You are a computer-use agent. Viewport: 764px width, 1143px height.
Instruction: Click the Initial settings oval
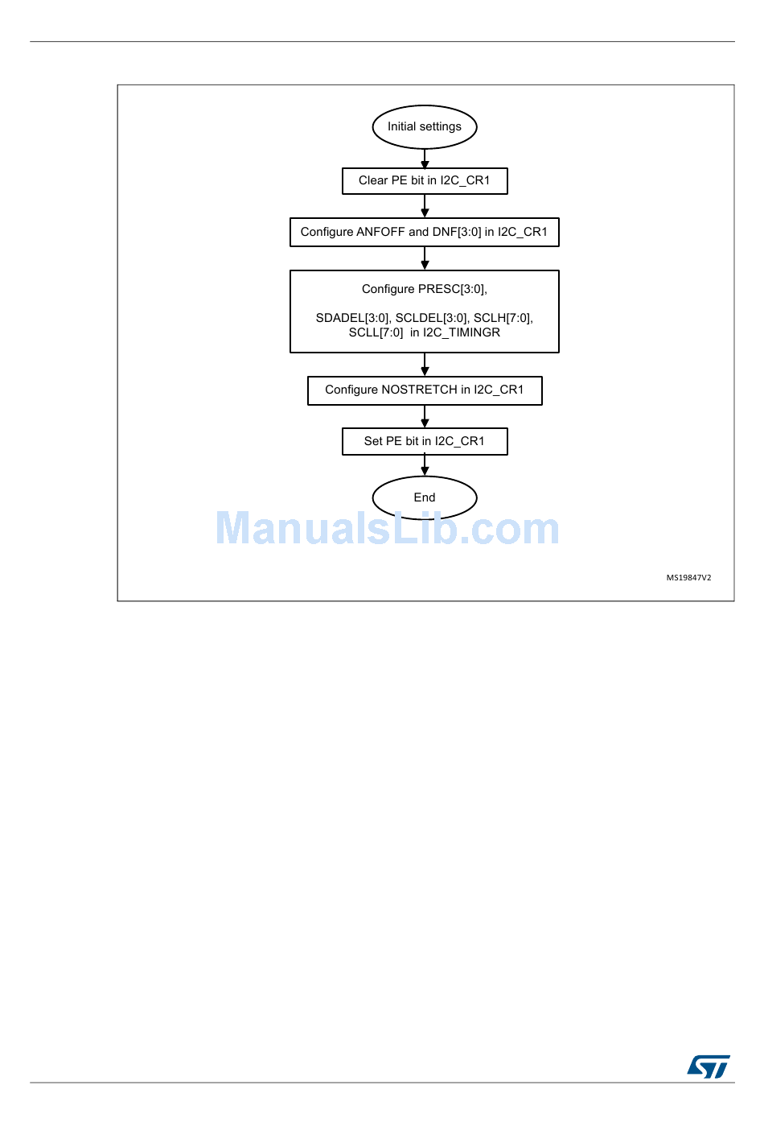(x=425, y=127)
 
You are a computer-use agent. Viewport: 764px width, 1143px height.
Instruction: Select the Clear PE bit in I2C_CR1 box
(x=425, y=181)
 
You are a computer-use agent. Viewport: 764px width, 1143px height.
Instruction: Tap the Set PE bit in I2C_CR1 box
(x=425, y=442)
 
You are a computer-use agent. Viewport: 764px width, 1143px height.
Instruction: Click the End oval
(x=425, y=497)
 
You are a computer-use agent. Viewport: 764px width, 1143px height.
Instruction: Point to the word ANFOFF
(x=380, y=232)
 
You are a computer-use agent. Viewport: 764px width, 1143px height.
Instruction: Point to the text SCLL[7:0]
(x=376, y=332)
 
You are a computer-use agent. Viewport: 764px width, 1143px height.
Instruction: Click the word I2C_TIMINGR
(x=462, y=332)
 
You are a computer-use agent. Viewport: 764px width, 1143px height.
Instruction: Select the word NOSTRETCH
(x=419, y=390)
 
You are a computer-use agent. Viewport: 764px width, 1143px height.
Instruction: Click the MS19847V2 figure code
(x=688, y=578)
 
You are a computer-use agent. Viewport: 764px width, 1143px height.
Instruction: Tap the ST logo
(x=709, y=1067)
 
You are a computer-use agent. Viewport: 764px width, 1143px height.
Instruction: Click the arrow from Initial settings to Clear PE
(x=425, y=159)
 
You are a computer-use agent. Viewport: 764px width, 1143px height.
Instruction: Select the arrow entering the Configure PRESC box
(x=425, y=259)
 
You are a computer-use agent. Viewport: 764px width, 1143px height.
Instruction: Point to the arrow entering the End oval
(x=425, y=466)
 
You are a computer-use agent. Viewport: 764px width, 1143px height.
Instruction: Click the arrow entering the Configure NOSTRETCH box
(x=425, y=365)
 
